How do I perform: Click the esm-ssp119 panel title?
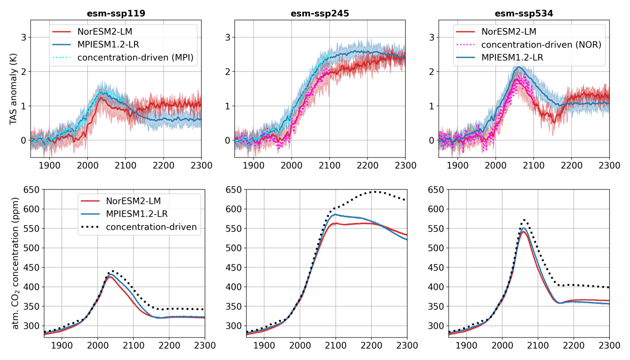click(x=116, y=14)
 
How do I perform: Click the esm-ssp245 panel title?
click(x=320, y=14)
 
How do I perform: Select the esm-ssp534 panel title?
click(x=524, y=14)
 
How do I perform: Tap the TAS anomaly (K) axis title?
click(x=13, y=89)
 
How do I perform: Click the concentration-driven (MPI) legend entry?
click(x=135, y=58)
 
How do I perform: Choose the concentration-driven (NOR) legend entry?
click(x=541, y=45)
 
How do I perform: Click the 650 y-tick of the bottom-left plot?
click(x=31, y=190)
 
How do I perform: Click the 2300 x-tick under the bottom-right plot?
click(x=609, y=345)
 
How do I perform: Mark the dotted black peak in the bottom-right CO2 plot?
click(x=525, y=220)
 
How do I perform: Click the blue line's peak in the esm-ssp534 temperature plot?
click(x=517, y=67)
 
